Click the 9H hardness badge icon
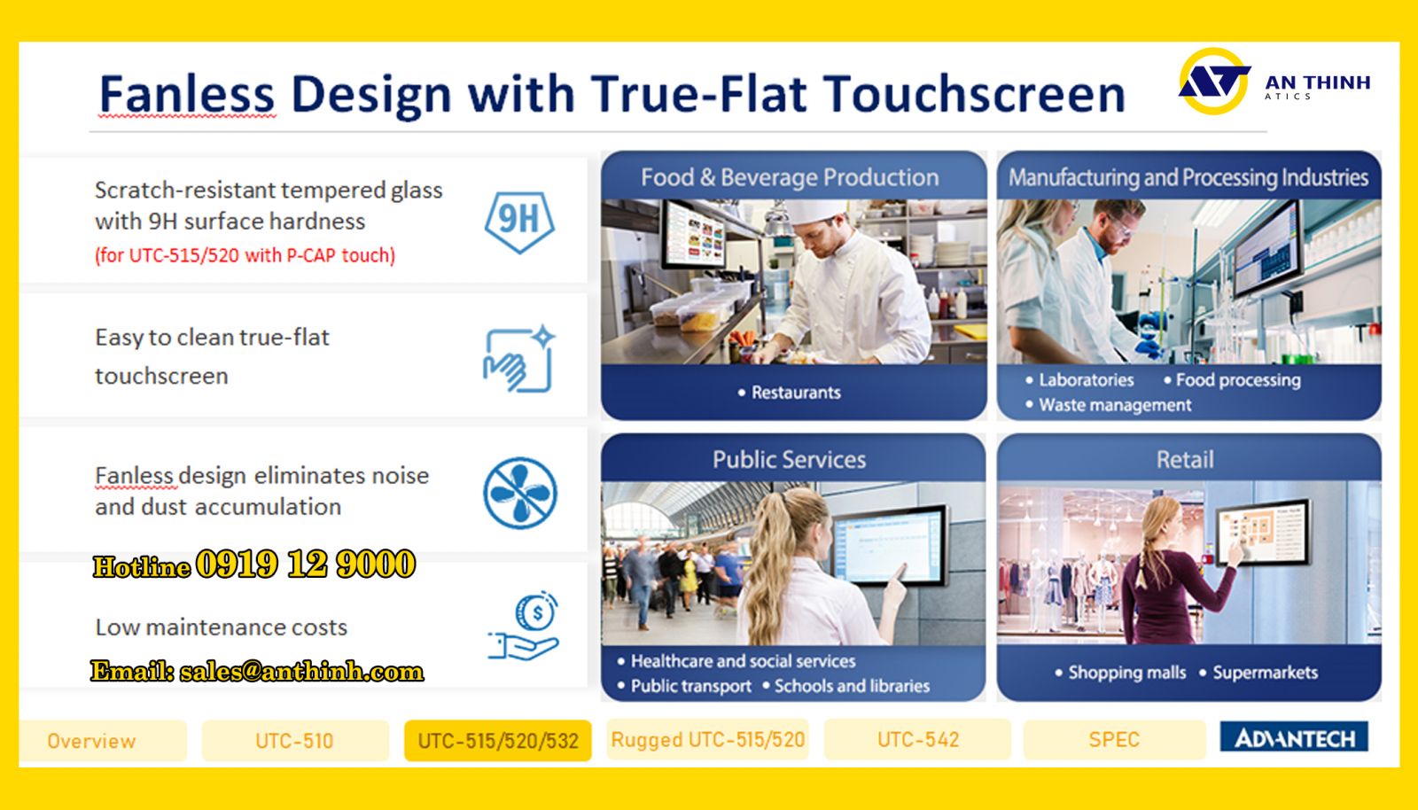click(519, 222)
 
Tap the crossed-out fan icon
click(519, 493)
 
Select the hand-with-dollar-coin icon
click(524, 626)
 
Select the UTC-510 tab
click(295, 740)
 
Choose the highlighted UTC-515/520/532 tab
click(497, 740)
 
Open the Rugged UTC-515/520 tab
click(708, 739)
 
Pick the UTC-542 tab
click(918, 739)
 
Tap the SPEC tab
click(1114, 739)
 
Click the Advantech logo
click(1294, 736)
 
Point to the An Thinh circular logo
click(1213, 81)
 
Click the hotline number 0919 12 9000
click(305, 564)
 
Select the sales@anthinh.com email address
click(301, 672)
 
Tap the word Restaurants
click(796, 393)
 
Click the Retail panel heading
click(1185, 459)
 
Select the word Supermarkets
click(1265, 673)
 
